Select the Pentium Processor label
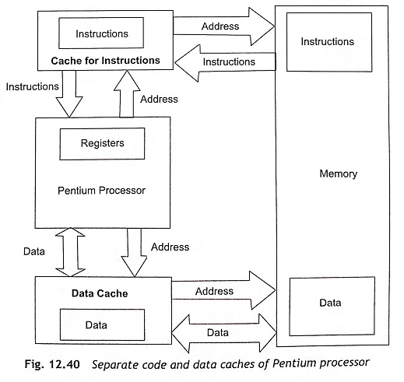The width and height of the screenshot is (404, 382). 101,191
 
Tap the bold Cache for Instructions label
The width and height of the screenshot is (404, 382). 105,61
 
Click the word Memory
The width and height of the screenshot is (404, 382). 339,173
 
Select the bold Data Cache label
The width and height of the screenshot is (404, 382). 100,293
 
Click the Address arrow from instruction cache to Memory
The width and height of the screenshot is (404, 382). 224,26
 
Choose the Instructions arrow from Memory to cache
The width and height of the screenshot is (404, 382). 225,62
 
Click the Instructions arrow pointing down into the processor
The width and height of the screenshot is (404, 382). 69,94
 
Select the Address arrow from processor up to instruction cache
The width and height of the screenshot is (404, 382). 127,94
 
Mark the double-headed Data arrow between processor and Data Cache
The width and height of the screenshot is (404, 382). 70,252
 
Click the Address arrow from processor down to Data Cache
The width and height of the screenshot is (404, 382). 134,252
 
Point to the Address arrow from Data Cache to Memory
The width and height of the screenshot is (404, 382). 223,290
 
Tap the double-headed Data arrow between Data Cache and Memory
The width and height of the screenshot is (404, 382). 224,333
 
